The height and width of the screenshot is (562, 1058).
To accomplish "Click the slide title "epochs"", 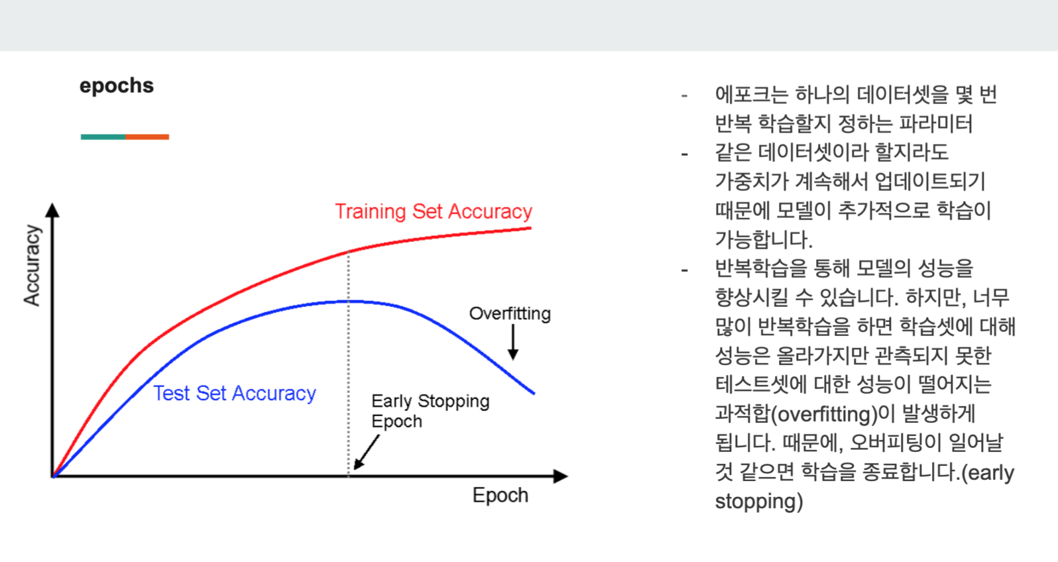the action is click(117, 86).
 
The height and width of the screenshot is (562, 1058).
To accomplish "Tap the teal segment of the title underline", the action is click(103, 137).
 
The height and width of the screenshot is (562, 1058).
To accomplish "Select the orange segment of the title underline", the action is click(147, 137).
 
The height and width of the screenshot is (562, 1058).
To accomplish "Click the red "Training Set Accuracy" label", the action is click(434, 211).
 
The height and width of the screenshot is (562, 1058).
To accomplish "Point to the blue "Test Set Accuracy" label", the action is click(235, 394).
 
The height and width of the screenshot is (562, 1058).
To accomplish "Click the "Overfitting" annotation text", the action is click(510, 313).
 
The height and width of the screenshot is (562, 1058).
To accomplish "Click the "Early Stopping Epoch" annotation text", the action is click(430, 411).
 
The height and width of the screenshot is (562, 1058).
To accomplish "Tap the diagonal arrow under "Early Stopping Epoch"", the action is click(367, 452).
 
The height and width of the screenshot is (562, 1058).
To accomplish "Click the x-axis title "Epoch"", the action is click(500, 496).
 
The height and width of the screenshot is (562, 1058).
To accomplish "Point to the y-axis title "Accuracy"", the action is click(32, 265).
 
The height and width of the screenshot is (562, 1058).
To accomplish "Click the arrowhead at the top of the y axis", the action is click(52, 209).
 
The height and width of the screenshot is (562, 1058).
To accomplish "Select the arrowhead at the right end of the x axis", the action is click(561, 476).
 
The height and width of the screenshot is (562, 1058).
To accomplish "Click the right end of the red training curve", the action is click(531, 228).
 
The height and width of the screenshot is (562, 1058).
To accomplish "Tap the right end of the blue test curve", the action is click(534, 393).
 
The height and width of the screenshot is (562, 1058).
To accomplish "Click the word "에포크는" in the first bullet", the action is click(752, 95).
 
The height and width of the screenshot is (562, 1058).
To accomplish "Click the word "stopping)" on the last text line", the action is click(759, 502).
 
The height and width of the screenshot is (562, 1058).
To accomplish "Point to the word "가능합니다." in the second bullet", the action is click(764, 240).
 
